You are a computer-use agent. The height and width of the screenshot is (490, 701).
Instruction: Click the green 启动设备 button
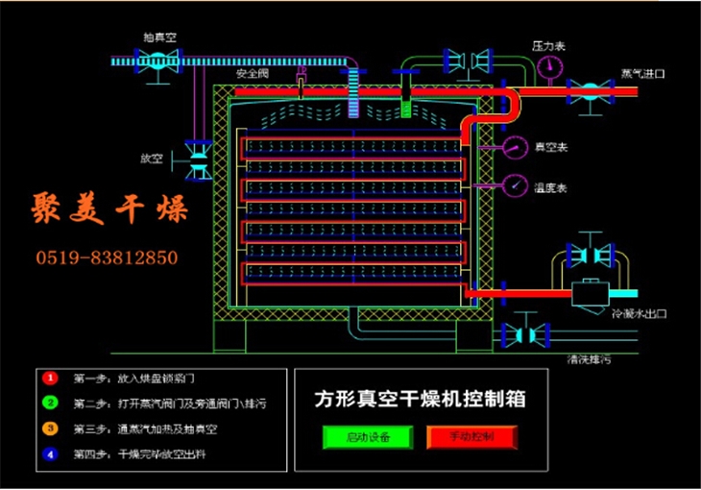click(358, 437)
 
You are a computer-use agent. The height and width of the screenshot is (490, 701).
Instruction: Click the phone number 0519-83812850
click(107, 257)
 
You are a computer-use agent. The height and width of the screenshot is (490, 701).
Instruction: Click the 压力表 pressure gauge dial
click(550, 65)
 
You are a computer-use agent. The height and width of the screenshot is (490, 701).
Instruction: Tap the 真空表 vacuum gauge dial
click(516, 147)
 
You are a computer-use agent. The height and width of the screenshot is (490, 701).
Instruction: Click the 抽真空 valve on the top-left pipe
click(154, 60)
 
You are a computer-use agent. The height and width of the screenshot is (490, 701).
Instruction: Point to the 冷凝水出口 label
click(639, 313)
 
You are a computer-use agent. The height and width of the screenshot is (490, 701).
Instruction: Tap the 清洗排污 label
click(592, 358)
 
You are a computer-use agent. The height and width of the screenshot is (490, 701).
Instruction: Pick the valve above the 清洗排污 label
click(525, 333)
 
